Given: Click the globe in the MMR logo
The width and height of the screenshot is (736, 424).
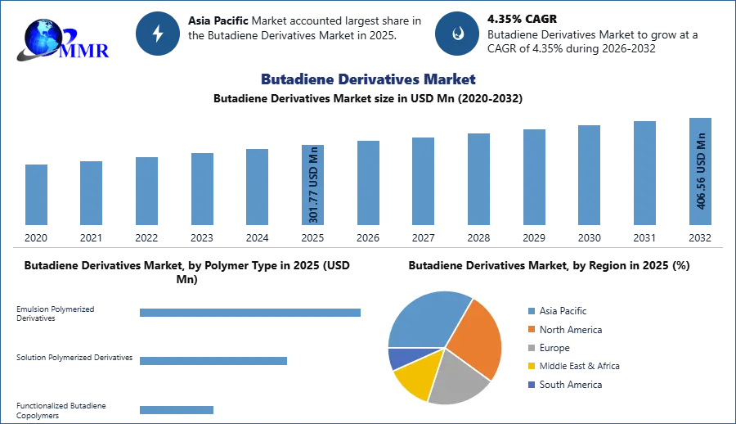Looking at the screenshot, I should (x=43, y=36).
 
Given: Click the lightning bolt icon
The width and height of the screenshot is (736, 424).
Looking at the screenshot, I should (x=158, y=34).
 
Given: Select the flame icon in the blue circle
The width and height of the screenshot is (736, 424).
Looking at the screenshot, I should (x=457, y=34).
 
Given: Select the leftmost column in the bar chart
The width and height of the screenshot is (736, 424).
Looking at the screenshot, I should (x=36, y=196).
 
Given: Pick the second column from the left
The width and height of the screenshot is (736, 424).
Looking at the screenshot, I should (x=92, y=193).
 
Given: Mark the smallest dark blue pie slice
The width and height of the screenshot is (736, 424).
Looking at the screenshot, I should (x=401, y=358).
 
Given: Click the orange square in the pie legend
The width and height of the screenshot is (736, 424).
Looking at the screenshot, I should (x=531, y=329).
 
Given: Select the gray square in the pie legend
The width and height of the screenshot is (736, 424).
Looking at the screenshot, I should (x=531, y=348).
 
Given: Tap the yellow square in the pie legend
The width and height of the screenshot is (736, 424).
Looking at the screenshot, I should (x=531, y=367).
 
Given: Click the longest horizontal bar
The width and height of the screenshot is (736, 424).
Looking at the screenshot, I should (x=251, y=313).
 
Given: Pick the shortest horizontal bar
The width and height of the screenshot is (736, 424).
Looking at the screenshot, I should (x=177, y=412).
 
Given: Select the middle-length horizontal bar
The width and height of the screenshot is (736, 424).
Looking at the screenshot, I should (x=213, y=360).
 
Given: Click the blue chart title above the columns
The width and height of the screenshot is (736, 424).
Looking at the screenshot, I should (x=366, y=79).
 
